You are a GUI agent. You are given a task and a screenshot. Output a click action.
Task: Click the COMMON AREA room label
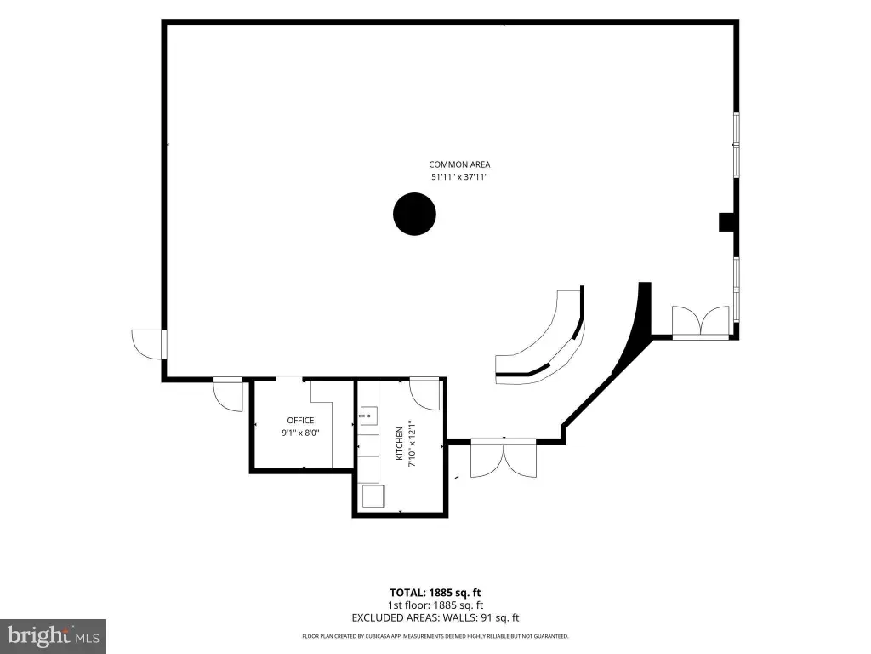(x=459, y=164)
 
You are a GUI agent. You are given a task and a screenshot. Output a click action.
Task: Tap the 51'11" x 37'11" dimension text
(x=459, y=177)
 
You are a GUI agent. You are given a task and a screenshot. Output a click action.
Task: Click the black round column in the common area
(x=414, y=214)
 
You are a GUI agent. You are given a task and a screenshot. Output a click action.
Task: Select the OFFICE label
(x=300, y=421)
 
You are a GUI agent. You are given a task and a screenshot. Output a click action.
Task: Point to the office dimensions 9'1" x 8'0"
(x=300, y=433)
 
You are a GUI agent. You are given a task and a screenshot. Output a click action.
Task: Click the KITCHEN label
(x=400, y=443)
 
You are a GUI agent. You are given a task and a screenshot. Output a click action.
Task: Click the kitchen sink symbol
(x=368, y=416)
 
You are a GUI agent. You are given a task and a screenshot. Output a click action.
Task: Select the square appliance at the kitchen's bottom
(x=373, y=496)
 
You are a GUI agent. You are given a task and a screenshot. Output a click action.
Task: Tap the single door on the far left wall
(x=149, y=344)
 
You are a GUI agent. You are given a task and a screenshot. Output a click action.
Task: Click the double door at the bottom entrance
(x=504, y=458)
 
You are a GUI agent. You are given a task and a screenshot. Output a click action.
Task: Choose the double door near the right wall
(x=701, y=322)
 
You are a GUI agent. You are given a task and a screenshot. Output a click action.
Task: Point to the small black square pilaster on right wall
(x=726, y=222)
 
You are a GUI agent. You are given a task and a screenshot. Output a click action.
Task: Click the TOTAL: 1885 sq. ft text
(x=435, y=593)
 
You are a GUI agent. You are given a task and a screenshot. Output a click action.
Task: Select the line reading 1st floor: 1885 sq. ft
(x=435, y=605)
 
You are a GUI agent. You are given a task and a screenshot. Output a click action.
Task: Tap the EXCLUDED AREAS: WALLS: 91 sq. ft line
(x=435, y=618)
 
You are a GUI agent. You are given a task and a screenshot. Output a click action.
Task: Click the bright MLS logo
(x=53, y=636)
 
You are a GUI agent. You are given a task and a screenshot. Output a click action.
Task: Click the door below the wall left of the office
(x=228, y=394)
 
